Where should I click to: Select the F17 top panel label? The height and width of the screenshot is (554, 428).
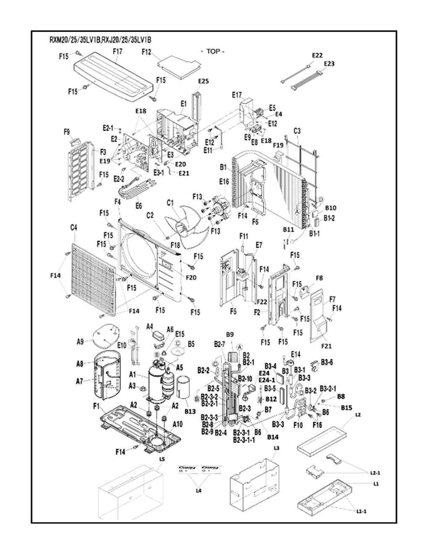pyautogui.click(x=117, y=51)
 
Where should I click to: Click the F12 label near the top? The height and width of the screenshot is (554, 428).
pyautogui.click(x=146, y=52)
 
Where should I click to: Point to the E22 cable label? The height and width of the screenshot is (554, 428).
pyautogui.click(x=317, y=55)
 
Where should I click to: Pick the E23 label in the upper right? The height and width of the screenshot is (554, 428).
pyautogui.click(x=329, y=63)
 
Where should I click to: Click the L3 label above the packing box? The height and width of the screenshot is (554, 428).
pyautogui.click(x=276, y=448)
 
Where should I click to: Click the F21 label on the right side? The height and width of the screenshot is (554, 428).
pyautogui.click(x=326, y=346)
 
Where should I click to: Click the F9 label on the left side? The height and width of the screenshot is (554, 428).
pyautogui.click(x=67, y=132)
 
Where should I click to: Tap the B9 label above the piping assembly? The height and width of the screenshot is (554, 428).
pyautogui.click(x=230, y=334)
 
